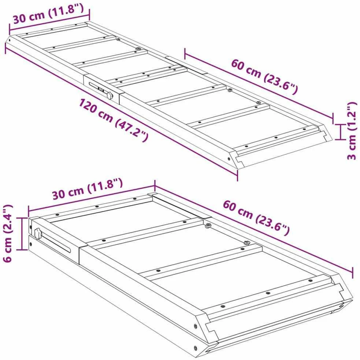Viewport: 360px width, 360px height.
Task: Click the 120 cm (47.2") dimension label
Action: [114, 120]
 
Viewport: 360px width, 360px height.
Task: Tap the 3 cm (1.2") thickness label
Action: [352, 131]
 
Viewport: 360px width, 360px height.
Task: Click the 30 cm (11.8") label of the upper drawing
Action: [48, 14]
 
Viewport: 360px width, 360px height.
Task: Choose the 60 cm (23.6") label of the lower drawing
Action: [256, 217]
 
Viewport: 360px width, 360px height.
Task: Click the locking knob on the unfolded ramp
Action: [110, 95]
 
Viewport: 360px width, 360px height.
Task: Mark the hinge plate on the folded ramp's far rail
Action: [179, 206]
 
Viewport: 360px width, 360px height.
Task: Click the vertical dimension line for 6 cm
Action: [22, 233]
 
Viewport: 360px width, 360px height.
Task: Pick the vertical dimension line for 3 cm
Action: [341, 132]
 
